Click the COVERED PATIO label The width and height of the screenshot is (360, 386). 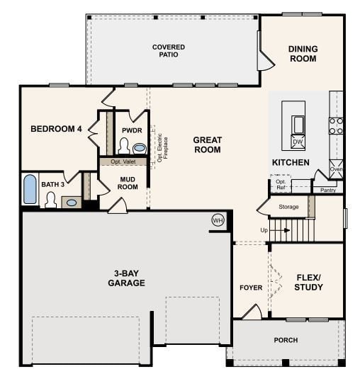click(169, 52)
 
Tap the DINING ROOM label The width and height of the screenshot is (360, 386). click(303, 54)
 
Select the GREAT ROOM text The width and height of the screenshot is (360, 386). click(207, 144)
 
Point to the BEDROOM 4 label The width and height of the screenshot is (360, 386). click(56, 129)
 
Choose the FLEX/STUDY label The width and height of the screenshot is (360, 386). click(308, 282)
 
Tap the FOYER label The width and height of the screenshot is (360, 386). click(251, 288)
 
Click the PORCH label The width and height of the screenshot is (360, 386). click(286, 340)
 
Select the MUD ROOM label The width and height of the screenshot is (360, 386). click(128, 183)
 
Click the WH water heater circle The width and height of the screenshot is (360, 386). click(218, 220)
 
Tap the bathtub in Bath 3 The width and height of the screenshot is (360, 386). click(30, 190)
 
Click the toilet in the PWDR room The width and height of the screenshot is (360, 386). click(123, 147)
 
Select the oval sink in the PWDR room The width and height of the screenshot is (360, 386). click(140, 149)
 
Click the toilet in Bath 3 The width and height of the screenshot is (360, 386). click(50, 200)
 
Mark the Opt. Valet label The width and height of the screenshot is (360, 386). click(123, 161)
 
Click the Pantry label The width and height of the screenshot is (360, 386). click(327, 190)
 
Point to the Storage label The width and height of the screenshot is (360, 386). click(288, 207)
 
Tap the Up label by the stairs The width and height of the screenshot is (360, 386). click(264, 230)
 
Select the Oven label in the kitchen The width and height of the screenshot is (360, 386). click(336, 169)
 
